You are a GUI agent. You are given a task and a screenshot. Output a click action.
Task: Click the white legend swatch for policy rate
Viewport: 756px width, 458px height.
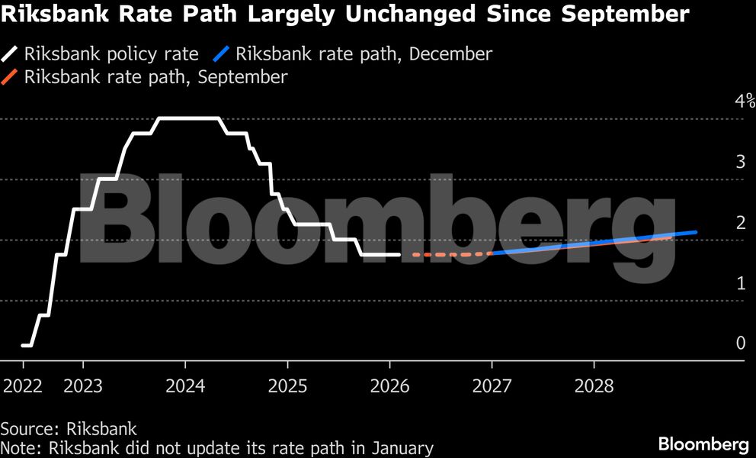(x=10, y=54)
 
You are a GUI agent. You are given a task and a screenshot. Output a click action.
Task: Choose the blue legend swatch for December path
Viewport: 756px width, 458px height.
(x=222, y=54)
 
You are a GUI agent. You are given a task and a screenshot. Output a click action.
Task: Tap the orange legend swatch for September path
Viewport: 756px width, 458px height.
(x=10, y=77)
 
